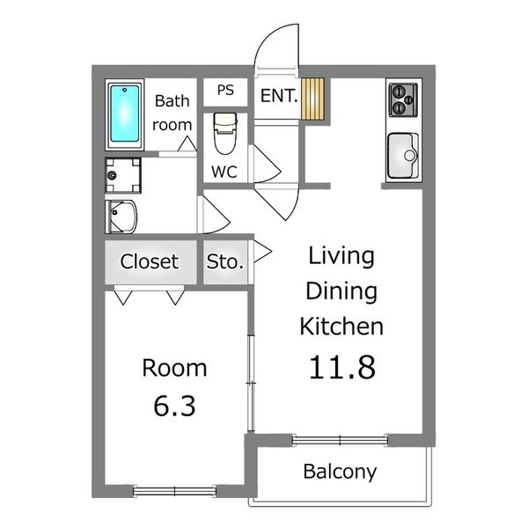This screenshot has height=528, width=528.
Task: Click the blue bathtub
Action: click(125, 114)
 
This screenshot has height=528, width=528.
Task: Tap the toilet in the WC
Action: click(225, 134)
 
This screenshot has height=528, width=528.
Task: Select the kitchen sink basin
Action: click(403, 156)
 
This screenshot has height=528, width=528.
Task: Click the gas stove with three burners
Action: click(403, 100)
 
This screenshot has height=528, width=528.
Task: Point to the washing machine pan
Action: click(123, 175)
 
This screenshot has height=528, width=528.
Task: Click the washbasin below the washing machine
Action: click(121, 216)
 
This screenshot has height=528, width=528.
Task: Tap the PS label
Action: click(225, 91)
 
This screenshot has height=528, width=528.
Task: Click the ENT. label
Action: click(279, 96)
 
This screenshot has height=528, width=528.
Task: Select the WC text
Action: click(224, 172)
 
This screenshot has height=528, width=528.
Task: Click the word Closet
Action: click(150, 261)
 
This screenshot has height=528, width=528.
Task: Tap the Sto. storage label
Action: click(225, 262)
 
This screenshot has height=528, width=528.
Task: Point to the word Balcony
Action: click(340, 473)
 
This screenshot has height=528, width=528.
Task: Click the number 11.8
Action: click(342, 367)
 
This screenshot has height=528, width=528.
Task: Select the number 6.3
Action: click(174, 406)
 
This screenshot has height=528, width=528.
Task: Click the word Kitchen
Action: click(341, 326)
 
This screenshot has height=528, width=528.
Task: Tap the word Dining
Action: click(341, 291)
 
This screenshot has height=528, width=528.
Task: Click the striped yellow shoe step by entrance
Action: click(312, 99)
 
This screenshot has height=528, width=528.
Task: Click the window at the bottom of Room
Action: click(175, 491)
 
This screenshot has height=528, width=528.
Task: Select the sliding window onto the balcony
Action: click(340, 440)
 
